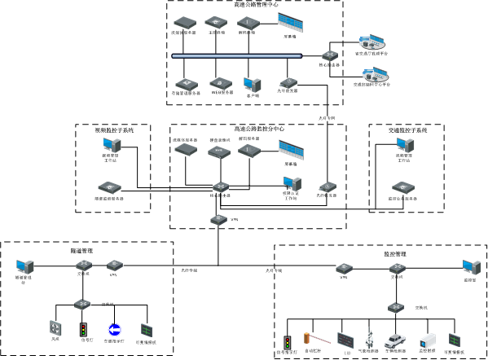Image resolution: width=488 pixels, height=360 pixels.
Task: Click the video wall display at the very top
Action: [x=290, y=22]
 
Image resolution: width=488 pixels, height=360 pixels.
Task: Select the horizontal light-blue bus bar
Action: [x=236, y=56]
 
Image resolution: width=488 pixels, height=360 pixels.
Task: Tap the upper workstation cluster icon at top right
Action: [x=371, y=42]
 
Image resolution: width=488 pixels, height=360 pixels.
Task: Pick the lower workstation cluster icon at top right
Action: [x=375, y=75]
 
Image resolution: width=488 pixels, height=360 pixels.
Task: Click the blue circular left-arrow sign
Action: [x=115, y=330]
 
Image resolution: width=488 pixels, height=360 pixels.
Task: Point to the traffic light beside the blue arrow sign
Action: [x=83, y=330]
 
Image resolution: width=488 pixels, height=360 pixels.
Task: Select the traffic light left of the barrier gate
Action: [x=287, y=343]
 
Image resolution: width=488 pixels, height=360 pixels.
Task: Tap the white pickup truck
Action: [x=396, y=340]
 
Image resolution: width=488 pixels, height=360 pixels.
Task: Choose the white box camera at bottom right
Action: [x=428, y=340]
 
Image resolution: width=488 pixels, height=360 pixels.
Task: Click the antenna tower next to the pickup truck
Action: [x=369, y=337]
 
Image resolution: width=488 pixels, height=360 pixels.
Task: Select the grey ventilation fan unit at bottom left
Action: [x=55, y=327]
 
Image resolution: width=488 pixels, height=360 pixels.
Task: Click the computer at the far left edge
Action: [x=24, y=266]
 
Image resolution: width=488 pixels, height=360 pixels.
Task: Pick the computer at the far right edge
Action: [x=471, y=267]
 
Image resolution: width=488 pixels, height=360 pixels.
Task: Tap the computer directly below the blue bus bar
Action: [x=252, y=85]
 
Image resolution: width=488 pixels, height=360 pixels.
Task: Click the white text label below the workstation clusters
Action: [x=327, y=118]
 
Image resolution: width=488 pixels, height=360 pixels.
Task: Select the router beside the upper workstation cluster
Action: [x=330, y=56]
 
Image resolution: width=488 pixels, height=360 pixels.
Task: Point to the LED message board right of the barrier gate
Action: [x=345, y=340]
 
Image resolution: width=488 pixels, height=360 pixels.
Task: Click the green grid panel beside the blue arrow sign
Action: [x=147, y=330]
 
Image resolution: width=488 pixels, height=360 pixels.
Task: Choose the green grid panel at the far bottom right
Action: [x=455, y=340]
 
